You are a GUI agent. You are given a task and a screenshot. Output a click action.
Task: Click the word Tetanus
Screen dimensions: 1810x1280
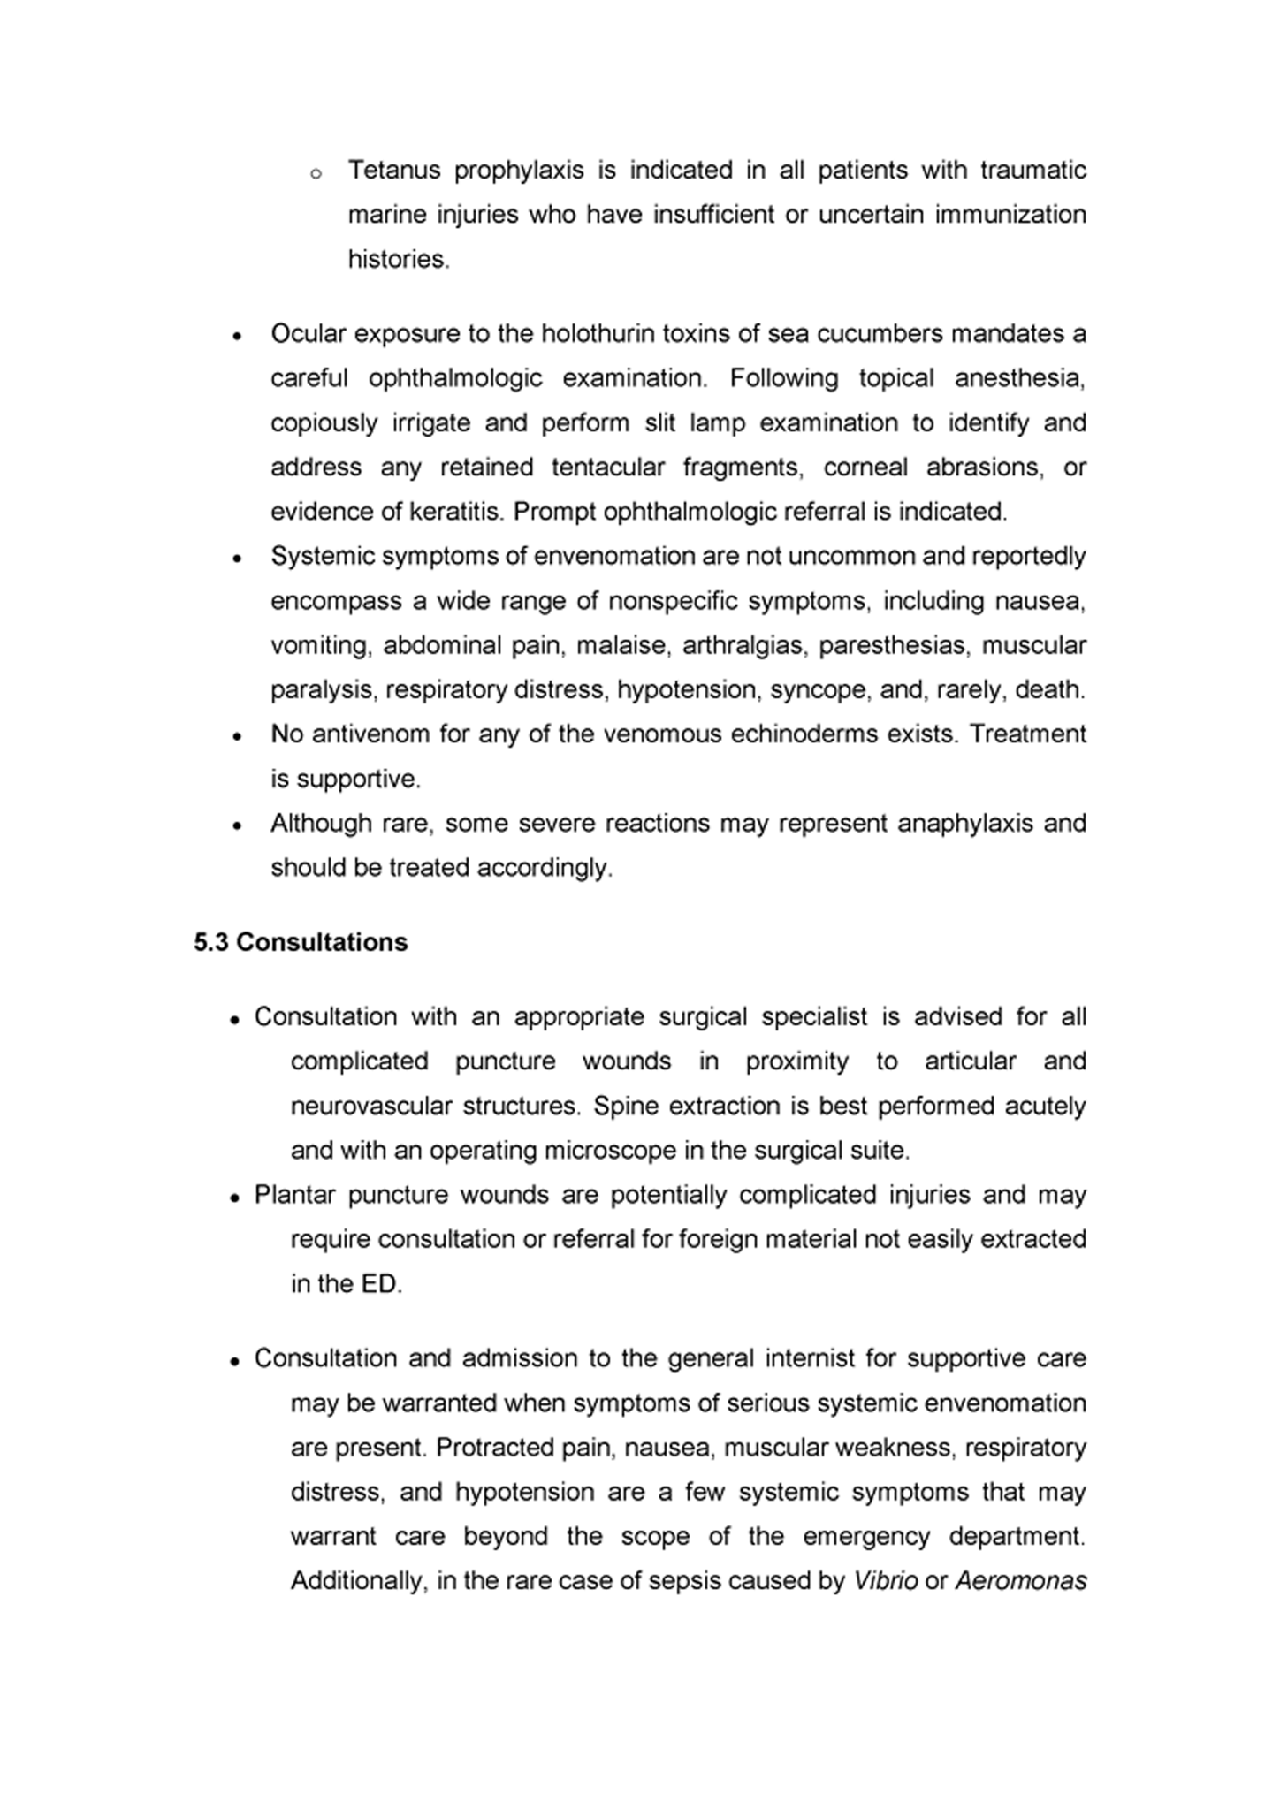(x=393, y=170)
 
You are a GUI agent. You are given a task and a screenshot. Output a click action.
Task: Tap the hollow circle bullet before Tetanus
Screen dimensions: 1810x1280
(x=316, y=174)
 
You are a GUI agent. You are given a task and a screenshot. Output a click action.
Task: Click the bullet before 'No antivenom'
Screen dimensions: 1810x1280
(x=237, y=736)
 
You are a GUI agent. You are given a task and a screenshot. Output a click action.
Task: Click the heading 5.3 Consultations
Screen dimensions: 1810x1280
(x=301, y=942)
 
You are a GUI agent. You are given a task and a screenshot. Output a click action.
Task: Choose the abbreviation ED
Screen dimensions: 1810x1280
(x=380, y=1284)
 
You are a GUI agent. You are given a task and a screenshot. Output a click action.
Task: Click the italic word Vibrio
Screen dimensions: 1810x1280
(x=886, y=1581)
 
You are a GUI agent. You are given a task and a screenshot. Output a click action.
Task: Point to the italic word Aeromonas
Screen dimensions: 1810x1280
(x=1020, y=1581)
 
